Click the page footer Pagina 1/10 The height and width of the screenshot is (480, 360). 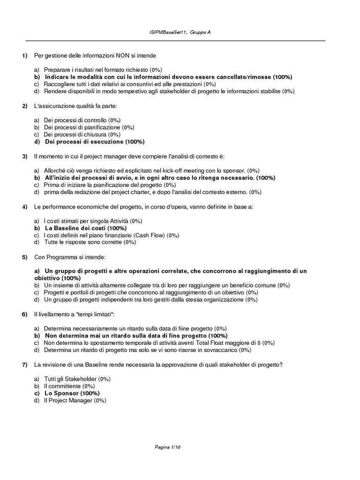167,447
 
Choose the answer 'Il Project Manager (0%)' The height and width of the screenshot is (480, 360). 75,400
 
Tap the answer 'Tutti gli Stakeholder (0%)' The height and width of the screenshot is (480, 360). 77,379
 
